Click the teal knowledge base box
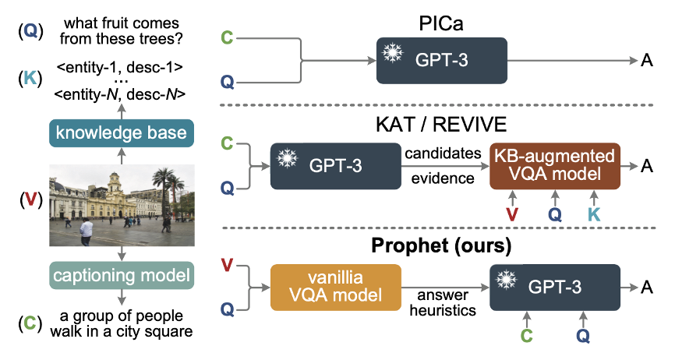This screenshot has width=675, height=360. pyautogui.click(x=121, y=132)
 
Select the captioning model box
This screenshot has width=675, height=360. pyautogui.click(x=120, y=275)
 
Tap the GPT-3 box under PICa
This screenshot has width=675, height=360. pyautogui.click(x=441, y=59)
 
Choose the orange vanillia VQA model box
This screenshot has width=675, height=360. pyautogui.click(x=335, y=288)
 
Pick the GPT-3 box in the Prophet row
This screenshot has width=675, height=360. pyautogui.click(x=554, y=288)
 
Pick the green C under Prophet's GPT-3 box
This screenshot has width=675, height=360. pyautogui.click(x=527, y=336)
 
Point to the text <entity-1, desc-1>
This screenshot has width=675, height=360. pyautogui.click(x=120, y=66)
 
